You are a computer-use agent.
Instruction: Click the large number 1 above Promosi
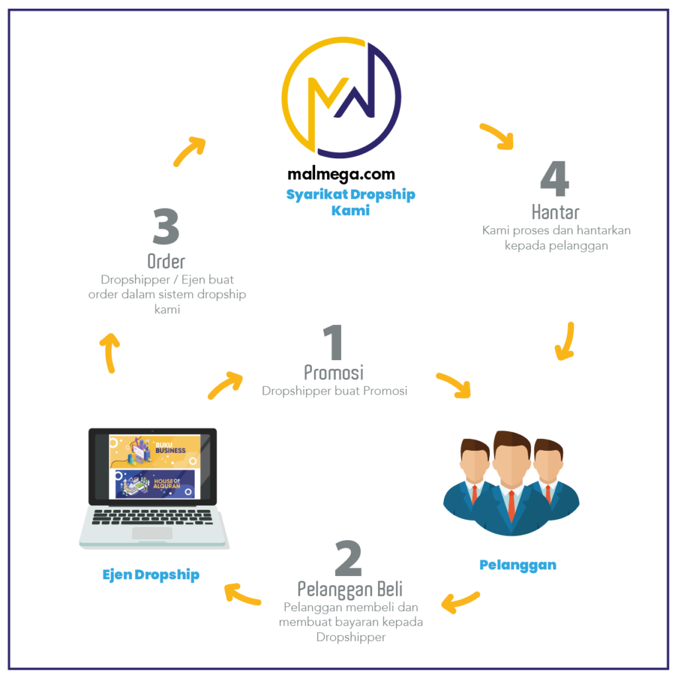(x=333, y=343)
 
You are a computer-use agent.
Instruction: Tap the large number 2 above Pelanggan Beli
(x=348, y=559)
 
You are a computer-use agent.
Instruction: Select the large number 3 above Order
(x=166, y=228)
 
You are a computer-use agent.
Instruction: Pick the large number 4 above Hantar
(x=555, y=179)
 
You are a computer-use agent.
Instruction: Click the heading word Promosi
(x=334, y=372)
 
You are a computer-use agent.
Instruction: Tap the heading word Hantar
(x=556, y=212)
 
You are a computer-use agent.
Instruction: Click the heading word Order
(x=166, y=260)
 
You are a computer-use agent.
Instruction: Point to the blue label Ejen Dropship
(x=151, y=575)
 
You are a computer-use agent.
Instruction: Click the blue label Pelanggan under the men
(x=518, y=565)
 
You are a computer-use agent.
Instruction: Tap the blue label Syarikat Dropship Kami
(x=350, y=202)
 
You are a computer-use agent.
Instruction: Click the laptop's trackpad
(x=152, y=534)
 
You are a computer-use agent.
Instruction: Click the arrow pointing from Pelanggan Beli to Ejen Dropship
(x=242, y=595)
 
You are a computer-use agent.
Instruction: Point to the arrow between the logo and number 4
(x=497, y=136)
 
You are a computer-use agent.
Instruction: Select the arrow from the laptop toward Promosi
(x=225, y=386)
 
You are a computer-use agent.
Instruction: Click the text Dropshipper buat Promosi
(x=334, y=391)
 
